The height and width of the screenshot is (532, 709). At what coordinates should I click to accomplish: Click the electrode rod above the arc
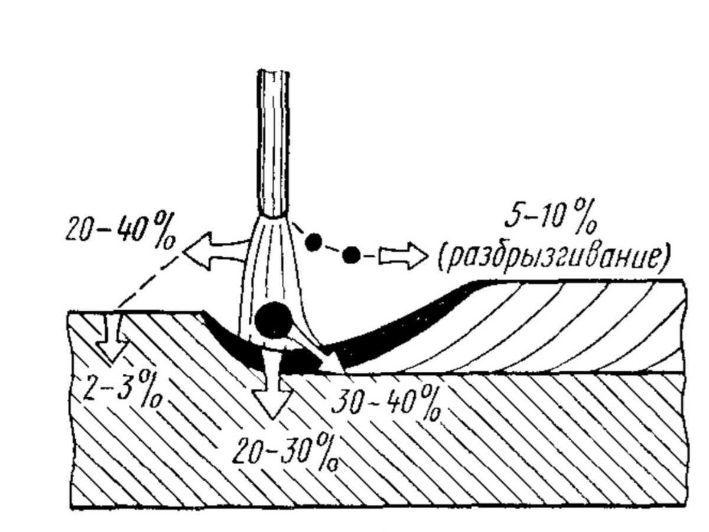click(x=274, y=142)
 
